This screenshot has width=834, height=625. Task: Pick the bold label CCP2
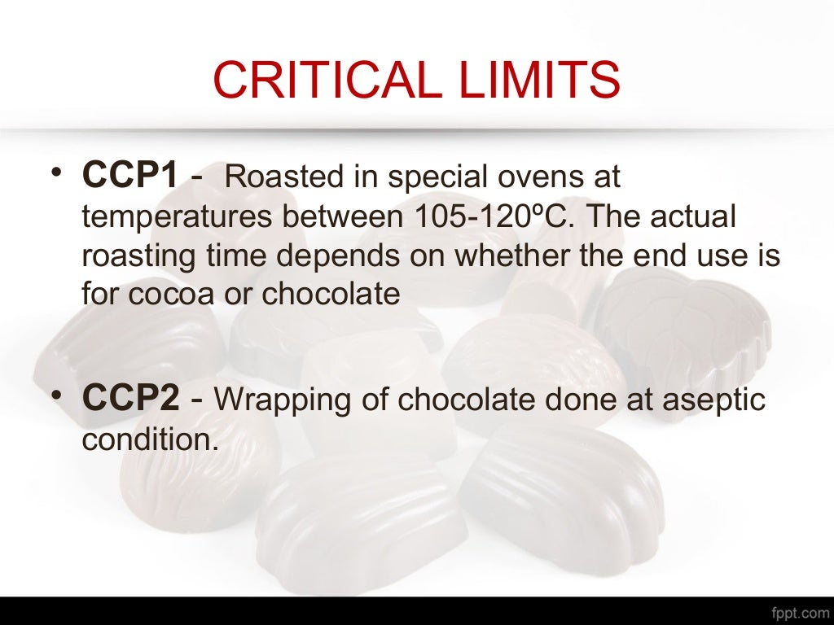point(130,400)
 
